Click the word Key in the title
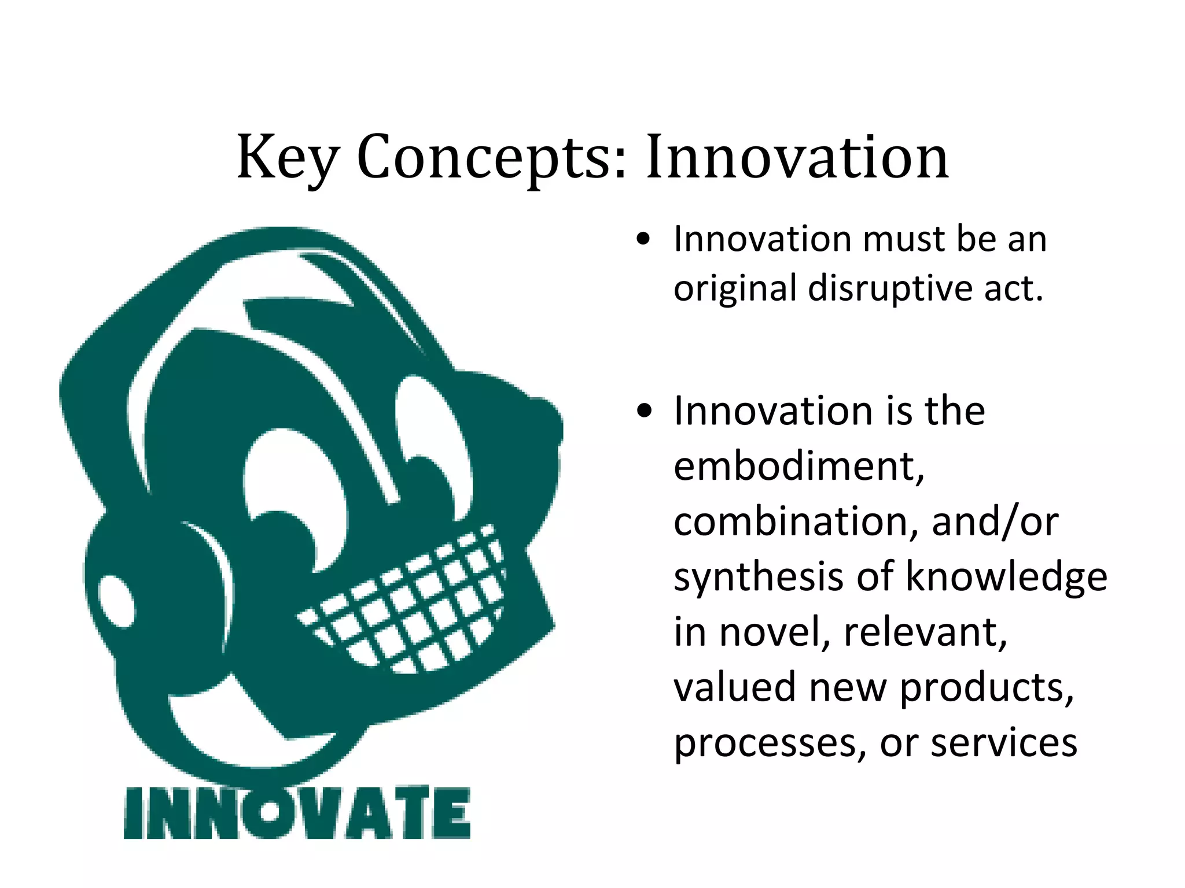[x=288, y=157]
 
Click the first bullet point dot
[x=643, y=239]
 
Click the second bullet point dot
[x=643, y=412]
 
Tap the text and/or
[x=995, y=521]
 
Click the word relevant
[x=925, y=632]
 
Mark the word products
[x=987, y=688]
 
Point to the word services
[x=1003, y=743]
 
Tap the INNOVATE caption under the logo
[x=297, y=813]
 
